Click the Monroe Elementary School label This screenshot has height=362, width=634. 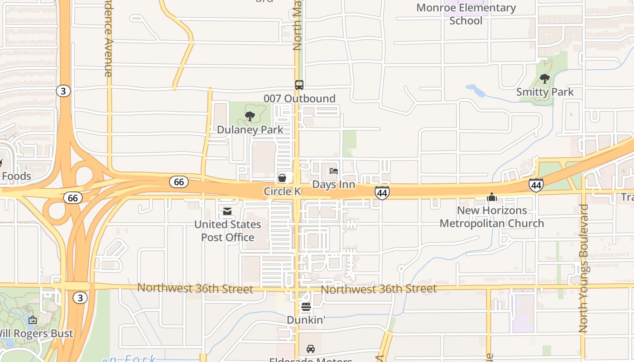point(466,14)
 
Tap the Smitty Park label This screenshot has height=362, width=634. point(545,92)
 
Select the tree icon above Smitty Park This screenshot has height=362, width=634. point(545,79)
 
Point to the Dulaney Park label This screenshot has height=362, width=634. point(250,129)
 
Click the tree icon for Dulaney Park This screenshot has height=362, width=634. point(250,116)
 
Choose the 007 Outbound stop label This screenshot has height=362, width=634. point(299,98)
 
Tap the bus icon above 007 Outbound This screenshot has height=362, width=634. point(299,85)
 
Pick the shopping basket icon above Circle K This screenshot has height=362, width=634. point(282,178)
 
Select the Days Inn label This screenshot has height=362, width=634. point(333,185)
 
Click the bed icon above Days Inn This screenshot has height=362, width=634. point(334,171)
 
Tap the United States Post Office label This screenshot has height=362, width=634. point(227,231)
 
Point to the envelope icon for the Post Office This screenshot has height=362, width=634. point(227,211)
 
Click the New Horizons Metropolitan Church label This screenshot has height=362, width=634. point(491,217)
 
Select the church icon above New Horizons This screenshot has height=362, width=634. point(491,197)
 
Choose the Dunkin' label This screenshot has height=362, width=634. point(306,320)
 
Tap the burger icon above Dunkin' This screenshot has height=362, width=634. point(306,307)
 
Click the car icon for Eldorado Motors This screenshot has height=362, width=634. point(311,349)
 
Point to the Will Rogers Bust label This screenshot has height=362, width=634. point(35,333)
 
